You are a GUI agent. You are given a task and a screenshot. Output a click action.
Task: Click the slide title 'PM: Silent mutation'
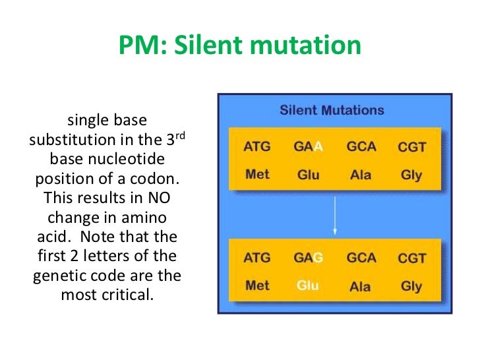click(240, 46)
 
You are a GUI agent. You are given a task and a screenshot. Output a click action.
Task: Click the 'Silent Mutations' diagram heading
click(332, 110)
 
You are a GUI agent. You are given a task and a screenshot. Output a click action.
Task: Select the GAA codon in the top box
click(308, 146)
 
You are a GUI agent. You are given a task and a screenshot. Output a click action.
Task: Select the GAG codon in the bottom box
click(308, 258)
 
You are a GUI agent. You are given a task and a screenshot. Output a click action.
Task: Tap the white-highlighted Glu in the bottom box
click(308, 286)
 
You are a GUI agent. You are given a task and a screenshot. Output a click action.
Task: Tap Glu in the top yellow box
click(308, 175)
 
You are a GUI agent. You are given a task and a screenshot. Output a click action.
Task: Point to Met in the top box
click(256, 175)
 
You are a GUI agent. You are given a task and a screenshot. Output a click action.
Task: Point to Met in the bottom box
click(256, 286)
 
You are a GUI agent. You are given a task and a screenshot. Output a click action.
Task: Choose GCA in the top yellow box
click(361, 146)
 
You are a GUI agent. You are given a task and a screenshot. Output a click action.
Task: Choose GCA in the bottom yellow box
click(361, 258)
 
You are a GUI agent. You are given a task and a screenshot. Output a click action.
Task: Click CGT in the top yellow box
click(411, 147)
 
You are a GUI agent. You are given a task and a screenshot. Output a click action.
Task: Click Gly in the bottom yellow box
click(411, 287)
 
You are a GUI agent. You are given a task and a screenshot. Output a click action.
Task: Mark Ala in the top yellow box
click(361, 175)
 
